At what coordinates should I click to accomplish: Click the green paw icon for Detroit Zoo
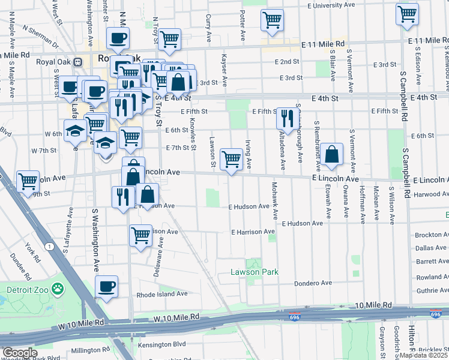click(x=58, y=289)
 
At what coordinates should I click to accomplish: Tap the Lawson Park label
click(x=255, y=272)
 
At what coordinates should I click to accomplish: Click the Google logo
click(x=20, y=353)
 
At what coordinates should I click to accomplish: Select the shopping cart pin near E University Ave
click(x=272, y=19)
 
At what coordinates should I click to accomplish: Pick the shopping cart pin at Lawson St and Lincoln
click(x=231, y=160)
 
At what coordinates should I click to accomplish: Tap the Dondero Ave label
click(x=313, y=283)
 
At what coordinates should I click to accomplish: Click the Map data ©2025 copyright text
click(x=423, y=355)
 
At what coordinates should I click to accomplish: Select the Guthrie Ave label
click(x=433, y=290)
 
